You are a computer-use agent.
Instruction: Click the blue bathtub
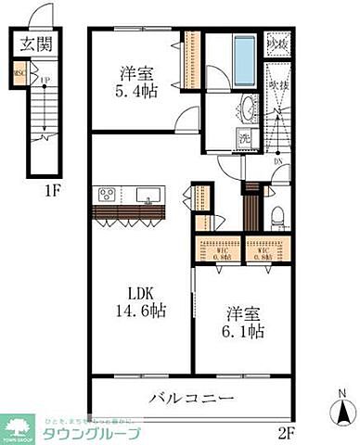[x=244, y=58]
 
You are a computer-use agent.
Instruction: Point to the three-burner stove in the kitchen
[x=106, y=195]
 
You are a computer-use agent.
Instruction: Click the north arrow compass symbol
[x=342, y=408]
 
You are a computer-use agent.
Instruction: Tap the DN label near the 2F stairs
[x=279, y=160]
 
